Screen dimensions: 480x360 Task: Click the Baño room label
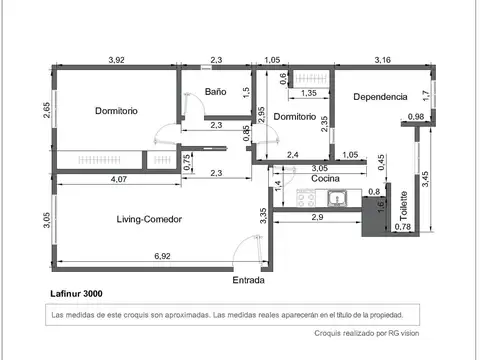[x=215, y=92]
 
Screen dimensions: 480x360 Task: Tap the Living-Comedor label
[x=149, y=219]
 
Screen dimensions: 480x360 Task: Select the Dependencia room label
[x=380, y=97]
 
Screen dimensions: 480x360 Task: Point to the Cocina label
[x=325, y=178]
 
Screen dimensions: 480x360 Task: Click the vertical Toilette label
[x=403, y=206]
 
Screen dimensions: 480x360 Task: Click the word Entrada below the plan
[x=248, y=280]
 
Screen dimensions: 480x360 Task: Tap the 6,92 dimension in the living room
[x=162, y=256]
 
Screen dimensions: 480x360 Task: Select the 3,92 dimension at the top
[x=116, y=60]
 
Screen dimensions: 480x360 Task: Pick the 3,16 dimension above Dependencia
[x=382, y=60]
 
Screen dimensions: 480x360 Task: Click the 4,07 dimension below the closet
[x=119, y=179]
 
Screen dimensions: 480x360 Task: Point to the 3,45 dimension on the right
[x=425, y=179]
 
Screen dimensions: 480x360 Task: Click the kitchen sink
[x=337, y=198]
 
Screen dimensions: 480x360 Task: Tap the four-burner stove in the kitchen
[x=306, y=198]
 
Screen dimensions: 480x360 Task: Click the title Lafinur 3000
[x=76, y=294]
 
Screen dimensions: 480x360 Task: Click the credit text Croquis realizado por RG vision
[x=367, y=333]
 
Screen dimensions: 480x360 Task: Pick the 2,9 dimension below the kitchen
[x=317, y=217]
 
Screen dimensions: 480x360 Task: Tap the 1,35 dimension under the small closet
[x=309, y=93]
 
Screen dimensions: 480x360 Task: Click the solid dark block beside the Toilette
[x=373, y=217]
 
